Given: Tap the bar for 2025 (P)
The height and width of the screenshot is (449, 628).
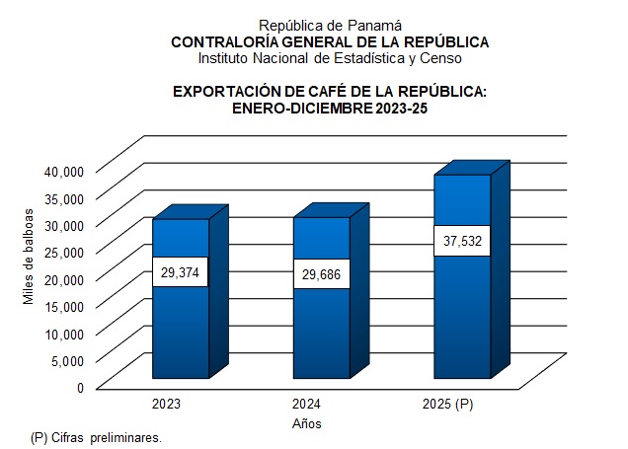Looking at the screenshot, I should click(x=462, y=316).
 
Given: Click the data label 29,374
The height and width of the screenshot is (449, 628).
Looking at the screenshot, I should click(x=180, y=272).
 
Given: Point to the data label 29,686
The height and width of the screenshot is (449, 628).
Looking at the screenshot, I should click(x=322, y=273).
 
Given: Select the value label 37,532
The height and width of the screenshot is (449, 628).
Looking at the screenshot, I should click(x=462, y=241).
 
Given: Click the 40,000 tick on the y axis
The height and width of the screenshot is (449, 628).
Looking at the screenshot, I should click(x=66, y=171).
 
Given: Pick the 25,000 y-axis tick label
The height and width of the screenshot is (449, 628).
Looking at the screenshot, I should click(x=66, y=252).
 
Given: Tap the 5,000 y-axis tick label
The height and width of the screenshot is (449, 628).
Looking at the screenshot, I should click(x=69, y=360).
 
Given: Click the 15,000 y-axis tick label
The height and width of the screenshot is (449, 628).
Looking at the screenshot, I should click(x=66, y=306).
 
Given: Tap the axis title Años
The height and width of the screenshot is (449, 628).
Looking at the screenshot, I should click(x=306, y=423).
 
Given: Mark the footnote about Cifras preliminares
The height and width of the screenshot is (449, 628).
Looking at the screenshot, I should click(x=96, y=436).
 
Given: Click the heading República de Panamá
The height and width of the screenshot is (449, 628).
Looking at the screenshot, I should click(x=330, y=25).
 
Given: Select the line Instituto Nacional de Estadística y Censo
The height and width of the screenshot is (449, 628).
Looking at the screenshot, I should click(x=330, y=58).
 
